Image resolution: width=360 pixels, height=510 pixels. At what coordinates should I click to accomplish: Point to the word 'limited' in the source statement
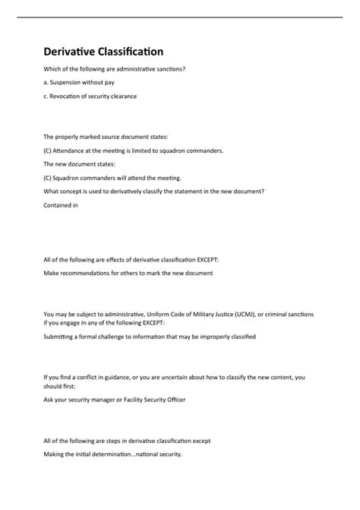coord(140,150)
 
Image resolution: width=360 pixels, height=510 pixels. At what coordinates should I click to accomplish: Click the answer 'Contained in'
coord(61,204)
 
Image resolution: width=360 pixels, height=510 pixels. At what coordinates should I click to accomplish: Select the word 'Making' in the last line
coord(56,454)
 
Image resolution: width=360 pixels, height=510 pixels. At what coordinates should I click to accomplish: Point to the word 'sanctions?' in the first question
coord(169,69)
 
